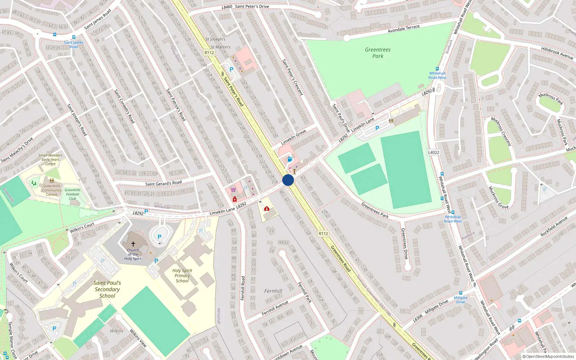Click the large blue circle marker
point(288,180)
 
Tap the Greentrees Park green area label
point(378,53)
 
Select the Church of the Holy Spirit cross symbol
point(133,244)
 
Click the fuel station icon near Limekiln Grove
point(290,159)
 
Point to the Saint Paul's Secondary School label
point(107,289)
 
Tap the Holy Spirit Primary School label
point(182,276)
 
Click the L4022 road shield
point(433,152)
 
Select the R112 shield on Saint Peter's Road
point(209,53)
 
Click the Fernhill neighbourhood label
point(273,291)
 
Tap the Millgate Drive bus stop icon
point(460,293)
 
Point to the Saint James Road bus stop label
point(73,45)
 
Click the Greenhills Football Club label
point(72,194)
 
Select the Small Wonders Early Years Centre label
point(50,159)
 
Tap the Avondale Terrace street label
point(404,29)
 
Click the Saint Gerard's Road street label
point(163,184)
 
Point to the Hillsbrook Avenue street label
point(557,53)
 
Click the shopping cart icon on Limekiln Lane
point(233,190)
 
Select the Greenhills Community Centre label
point(51,190)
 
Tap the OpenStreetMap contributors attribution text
point(548,357)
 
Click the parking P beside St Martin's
point(231,69)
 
